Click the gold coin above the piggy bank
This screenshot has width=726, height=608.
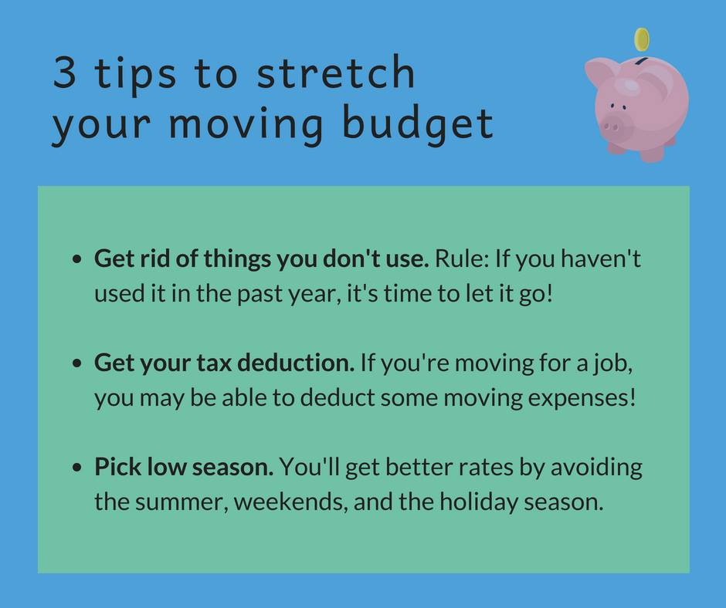click(641, 39)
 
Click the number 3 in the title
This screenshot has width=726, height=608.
click(66, 74)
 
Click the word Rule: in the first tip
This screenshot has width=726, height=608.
click(461, 259)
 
